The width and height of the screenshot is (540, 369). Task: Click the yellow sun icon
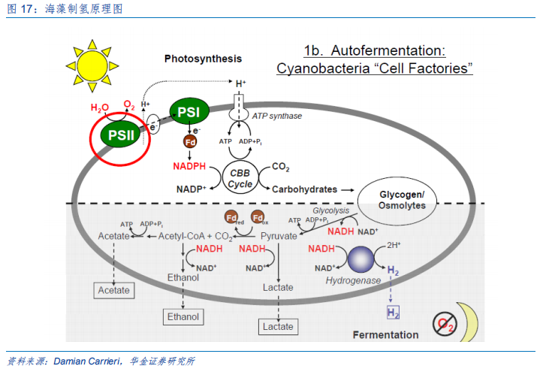pyautogui.click(x=92, y=66)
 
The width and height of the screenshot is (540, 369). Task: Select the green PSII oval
pyautogui.click(x=120, y=135)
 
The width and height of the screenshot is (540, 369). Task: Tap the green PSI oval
pyautogui.click(x=189, y=111)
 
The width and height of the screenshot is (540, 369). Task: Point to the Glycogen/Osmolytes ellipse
pyautogui.click(x=397, y=201)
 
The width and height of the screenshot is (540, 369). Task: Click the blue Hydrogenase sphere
pyautogui.click(x=361, y=259)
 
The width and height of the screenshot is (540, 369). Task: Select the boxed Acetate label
pyautogui.click(x=114, y=290)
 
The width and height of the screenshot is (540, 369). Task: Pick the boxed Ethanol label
pyautogui.click(x=183, y=317)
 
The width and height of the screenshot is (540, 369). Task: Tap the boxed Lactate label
pyautogui.click(x=279, y=327)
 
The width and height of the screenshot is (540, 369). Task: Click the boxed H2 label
pyautogui.click(x=393, y=313)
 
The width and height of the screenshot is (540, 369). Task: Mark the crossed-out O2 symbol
pyautogui.click(x=445, y=324)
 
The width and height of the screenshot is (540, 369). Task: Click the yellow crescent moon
pyautogui.click(x=469, y=322)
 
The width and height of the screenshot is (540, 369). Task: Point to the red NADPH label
pyautogui.click(x=189, y=166)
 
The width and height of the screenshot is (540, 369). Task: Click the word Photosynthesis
pyautogui.click(x=204, y=59)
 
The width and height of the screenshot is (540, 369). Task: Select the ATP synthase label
pyautogui.click(x=277, y=116)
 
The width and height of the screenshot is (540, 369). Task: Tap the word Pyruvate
pyautogui.click(x=279, y=236)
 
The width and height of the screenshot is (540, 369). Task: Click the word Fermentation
pyautogui.click(x=386, y=335)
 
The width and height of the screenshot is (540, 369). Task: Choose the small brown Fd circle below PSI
pyautogui.click(x=190, y=141)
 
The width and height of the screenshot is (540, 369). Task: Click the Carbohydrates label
pyautogui.click(x=304, y=189)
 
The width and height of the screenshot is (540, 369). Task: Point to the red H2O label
pyautogui.click(x=100, y=107)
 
